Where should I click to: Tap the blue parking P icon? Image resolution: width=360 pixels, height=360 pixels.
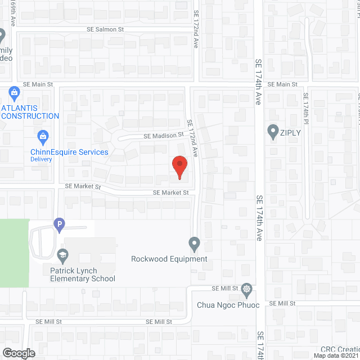point(58,224)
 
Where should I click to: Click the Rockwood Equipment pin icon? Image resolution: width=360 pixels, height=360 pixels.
point(194,244)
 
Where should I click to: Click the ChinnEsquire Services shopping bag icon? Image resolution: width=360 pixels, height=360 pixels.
point(43,136)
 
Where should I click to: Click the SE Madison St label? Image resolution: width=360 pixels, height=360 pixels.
point(164,135)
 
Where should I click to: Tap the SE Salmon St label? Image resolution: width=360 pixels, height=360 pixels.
point(105,29)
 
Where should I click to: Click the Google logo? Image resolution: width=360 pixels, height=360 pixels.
point(18,353)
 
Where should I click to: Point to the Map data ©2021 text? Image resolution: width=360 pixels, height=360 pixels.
point(335,355)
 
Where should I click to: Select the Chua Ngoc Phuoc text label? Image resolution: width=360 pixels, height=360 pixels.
point(228,305)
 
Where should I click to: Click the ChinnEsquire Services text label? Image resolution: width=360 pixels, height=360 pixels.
point(70,152)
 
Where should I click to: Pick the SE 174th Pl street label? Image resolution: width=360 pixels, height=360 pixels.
point(305,110)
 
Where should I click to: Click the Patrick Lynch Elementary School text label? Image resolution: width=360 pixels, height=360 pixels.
point(82,274)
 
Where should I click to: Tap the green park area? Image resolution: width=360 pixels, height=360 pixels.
point(13,253)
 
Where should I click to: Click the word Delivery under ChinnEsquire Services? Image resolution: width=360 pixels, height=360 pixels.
point(42,159)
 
